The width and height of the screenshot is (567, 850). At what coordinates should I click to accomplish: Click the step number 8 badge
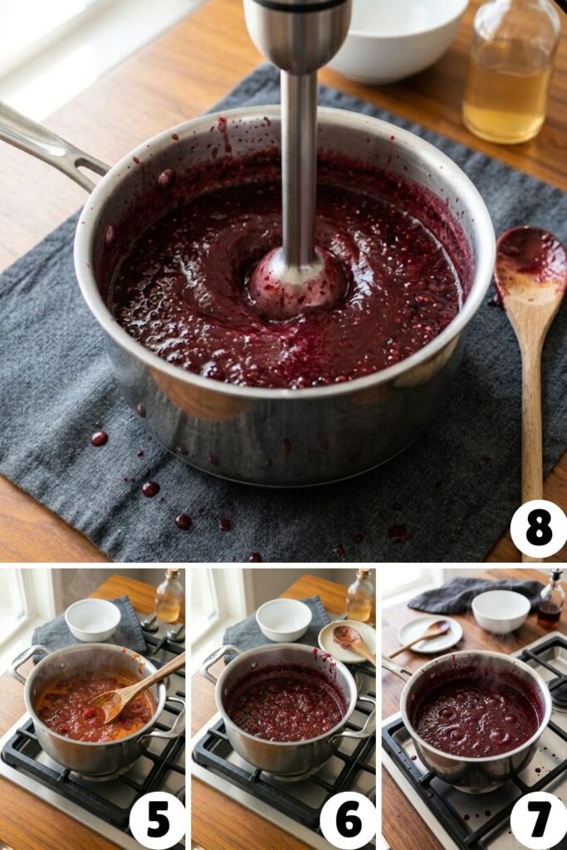[x=538, y=529]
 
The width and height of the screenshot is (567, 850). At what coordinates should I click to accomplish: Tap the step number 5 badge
[x=157, y=820]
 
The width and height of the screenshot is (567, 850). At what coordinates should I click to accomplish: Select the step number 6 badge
[x=348, y=820]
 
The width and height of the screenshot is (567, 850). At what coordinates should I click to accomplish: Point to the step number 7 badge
[x=538, y=820]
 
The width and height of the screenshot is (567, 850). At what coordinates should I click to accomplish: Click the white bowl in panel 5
[x=93, y=618]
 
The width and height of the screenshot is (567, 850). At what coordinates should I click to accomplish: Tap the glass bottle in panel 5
[x=169, y=598]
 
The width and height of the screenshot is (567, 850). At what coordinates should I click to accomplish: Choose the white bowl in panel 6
[x=284, y=618]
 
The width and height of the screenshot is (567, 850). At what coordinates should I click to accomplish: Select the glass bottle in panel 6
[x=359, y=598]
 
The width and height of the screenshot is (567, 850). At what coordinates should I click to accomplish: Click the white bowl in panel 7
[x=501, y=611]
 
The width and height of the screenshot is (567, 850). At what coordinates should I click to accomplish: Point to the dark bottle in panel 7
[x=550, y=602]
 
